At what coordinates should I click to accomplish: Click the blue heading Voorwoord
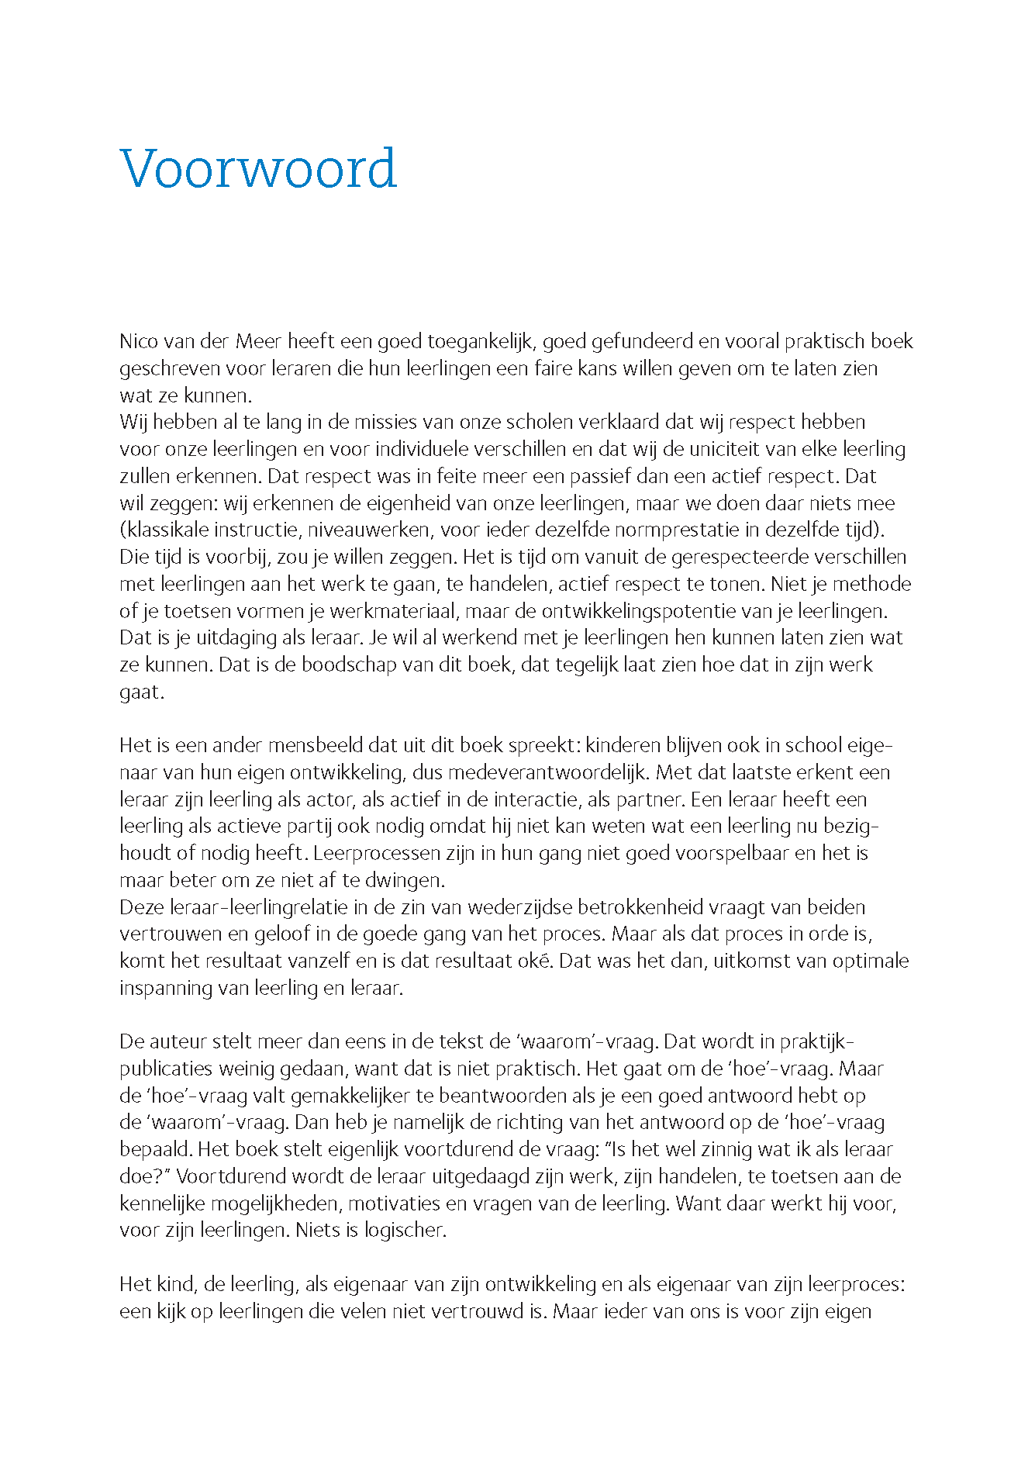click(258, 168)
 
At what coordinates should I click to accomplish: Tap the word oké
click(536, 962)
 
